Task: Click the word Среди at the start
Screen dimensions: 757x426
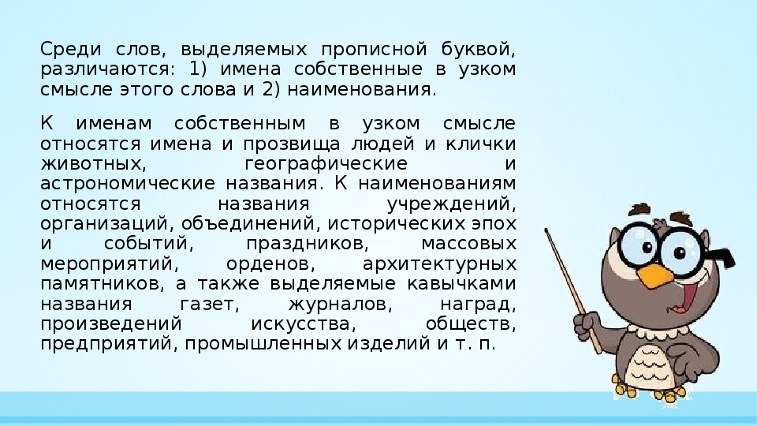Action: [71, 49]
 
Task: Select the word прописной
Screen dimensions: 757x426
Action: [375, 50]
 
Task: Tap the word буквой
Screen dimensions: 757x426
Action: [479, 49]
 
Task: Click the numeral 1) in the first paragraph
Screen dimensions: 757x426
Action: [197, 69]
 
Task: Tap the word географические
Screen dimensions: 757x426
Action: [326, 164]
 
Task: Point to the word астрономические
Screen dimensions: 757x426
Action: [128, 184]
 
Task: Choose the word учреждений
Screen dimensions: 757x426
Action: [451, 204]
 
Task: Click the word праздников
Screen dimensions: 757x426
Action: [307, 244]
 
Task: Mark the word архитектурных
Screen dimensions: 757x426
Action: [439, 264]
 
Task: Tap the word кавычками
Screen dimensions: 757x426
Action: [461, 283]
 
